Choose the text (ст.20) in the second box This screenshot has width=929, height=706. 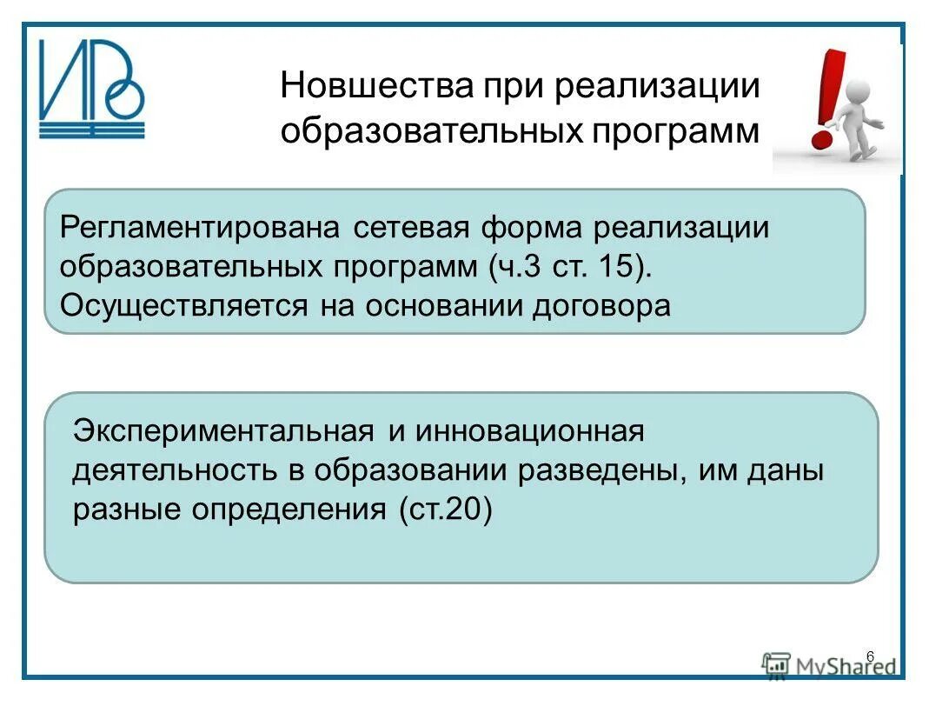[445, 509]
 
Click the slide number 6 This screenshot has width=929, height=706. [870, 656]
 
